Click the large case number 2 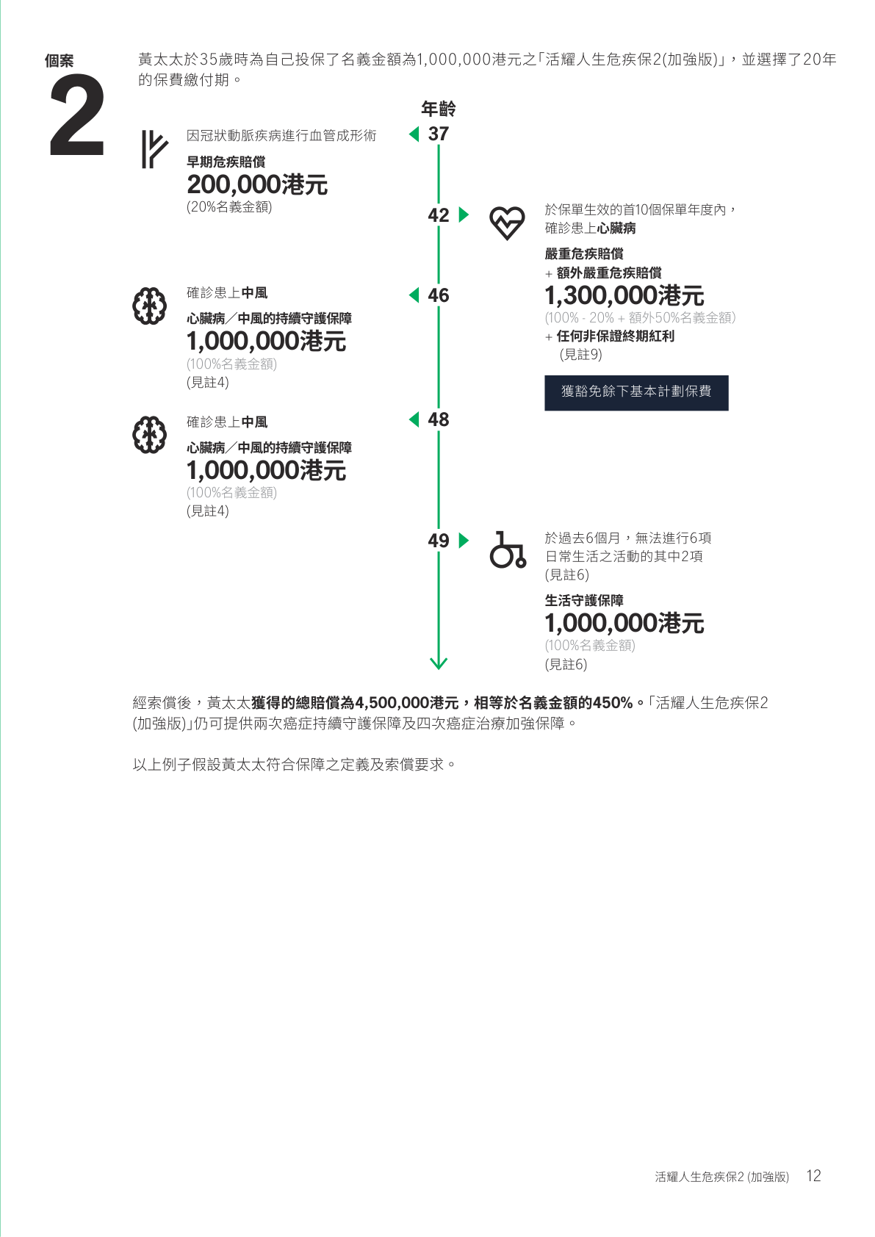click(x=77, y=115)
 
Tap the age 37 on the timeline click(x=438, y=134)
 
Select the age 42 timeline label click(x=438, y=214)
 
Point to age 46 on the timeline click(x=438, y=295)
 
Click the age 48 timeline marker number click(x=438, y=419)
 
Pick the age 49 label click(x=438, y=541)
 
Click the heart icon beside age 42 click(x=507, y=223)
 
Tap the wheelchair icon click(x=508, y=549)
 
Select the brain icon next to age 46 click(x=149, y=306)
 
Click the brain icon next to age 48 click(x=149, y=435)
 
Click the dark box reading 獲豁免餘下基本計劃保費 click(x=636, y=393)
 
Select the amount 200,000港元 click(x=257, y=184)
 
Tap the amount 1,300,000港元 click(x=624, y=295)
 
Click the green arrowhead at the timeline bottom click(x=439, y=663)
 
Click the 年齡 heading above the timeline click(x=438, y=109)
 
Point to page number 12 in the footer click(x=813, y=1175)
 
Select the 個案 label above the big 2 click(x=59, y=61)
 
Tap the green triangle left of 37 click(x=414, y=134)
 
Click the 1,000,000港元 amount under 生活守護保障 click(x=624, y=624)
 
